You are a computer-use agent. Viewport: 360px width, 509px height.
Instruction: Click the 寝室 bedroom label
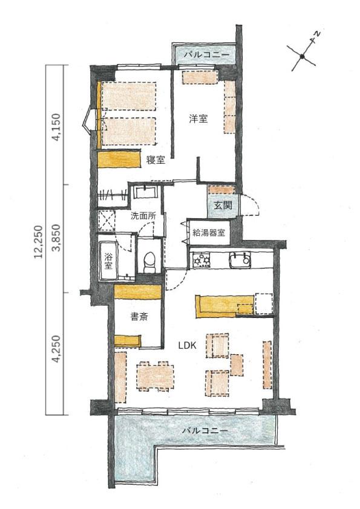155,160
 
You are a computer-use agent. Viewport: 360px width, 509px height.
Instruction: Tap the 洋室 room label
198,119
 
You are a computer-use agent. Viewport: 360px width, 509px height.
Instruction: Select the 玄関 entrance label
223,206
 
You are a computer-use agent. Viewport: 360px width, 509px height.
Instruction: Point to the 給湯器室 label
209,232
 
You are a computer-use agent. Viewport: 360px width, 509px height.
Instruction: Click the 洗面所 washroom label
143,216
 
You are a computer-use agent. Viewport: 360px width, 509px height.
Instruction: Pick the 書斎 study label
139,317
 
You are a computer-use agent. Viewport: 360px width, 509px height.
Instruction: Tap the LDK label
188,345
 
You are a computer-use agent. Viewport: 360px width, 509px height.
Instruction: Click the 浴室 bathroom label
108,261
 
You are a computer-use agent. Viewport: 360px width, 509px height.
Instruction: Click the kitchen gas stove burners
201,260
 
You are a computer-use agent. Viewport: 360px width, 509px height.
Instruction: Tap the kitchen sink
240,260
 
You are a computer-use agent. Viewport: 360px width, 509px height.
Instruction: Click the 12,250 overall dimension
39,242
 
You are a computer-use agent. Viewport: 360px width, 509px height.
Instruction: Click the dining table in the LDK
155,376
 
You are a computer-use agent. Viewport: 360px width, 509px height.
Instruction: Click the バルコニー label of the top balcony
206,54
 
